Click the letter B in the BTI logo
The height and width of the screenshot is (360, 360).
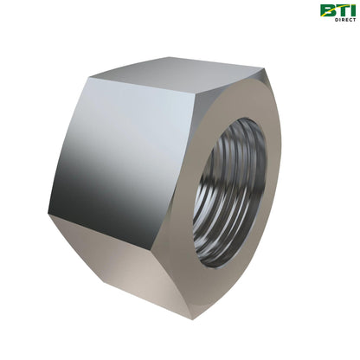coord(327,11)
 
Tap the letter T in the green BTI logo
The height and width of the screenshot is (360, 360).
coord(341,10)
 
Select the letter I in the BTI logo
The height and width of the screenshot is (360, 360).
coord(352,10)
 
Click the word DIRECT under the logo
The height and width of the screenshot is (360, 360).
coord(345,20)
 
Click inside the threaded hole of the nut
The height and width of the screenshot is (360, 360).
coord(229,192)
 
